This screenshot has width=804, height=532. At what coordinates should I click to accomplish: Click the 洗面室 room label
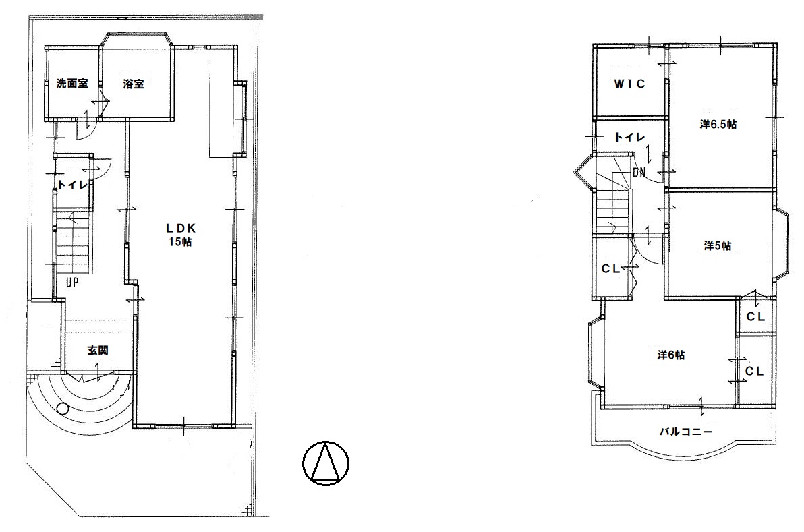[x=71, y=83]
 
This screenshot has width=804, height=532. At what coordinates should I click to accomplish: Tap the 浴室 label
[x=134, y=84]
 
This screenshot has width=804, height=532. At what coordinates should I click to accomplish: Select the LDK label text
[x=180, y=229]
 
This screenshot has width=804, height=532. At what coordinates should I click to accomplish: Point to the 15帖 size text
[x=180, y=241]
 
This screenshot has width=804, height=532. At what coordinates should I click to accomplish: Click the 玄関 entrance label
[x=97, y=351]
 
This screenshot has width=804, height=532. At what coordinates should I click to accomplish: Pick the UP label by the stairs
[x=72, y=282]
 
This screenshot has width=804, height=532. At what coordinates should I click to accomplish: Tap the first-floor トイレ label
[x=72, y=185]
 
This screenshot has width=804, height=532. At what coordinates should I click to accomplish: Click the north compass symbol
[x=326, y=463]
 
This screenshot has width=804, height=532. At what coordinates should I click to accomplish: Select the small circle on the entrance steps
[x=63, y=409]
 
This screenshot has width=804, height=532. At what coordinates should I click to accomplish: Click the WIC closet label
[x=630, y=84]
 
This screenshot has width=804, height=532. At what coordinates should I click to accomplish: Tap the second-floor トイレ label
[x=629, y=137]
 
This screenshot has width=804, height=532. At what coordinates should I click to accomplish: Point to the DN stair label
[x=639, y=172]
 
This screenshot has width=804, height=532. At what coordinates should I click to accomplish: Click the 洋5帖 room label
[x=717, y=246]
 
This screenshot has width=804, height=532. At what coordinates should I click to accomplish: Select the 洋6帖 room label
[x=670, y=355]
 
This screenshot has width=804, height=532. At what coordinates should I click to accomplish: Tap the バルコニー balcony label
[x=685, y=432]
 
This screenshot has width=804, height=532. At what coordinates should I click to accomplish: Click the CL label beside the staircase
[x=610, y=268]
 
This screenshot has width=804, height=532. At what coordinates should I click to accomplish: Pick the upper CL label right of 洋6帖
[x=755, y=317]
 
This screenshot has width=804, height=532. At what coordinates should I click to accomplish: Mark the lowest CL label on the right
[x=754, y=371]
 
